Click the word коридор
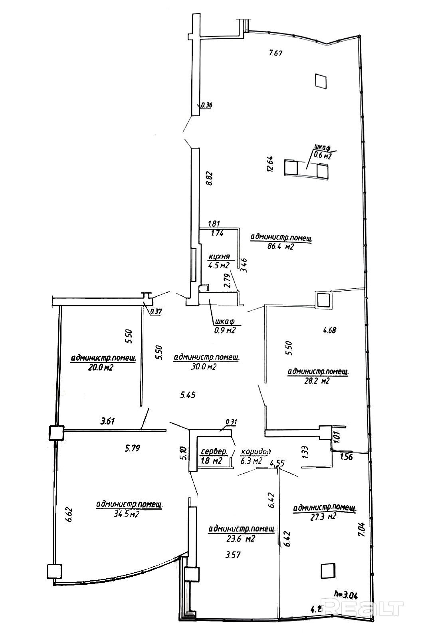(x=256, y=452)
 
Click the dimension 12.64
(x=270, y=163)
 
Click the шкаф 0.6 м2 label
(x=323, y=153)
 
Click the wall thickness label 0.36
(x=207, y=105)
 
